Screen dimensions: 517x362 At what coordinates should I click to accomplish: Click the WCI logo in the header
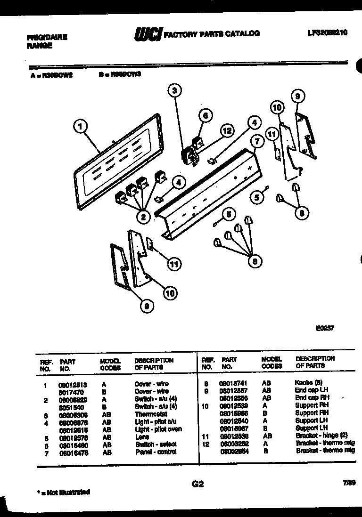tap(148, 34)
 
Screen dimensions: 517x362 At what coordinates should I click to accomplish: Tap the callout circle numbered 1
tap(82, 126)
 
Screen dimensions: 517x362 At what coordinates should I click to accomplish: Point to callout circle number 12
tap(227, 130)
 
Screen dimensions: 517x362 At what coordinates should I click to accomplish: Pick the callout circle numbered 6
tap(205, 114)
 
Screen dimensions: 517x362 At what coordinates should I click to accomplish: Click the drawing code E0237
tap(325, 329)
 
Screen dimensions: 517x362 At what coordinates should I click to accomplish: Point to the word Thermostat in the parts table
tap(151, 414)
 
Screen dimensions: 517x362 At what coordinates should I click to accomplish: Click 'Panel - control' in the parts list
tap(155, 452)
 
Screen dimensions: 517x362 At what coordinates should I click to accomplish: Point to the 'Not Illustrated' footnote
tap(64, 493)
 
